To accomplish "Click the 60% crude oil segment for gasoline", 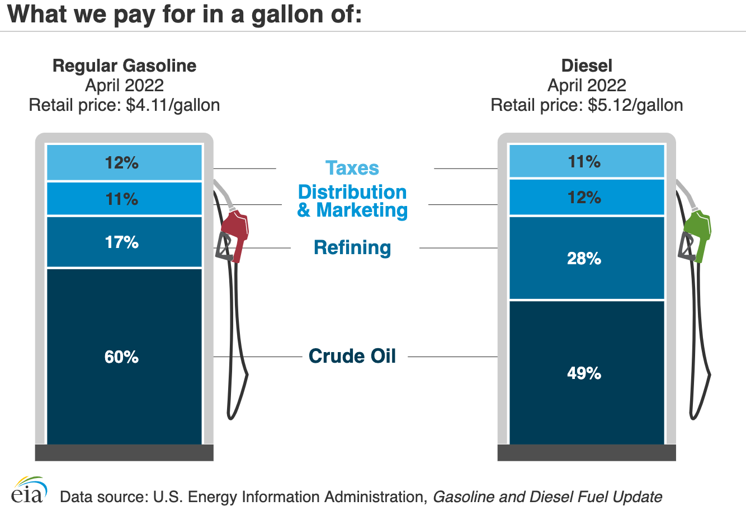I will coord(124,356).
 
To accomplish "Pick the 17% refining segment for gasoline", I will coord(124,242).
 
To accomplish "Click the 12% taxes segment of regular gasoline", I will coord(124,163).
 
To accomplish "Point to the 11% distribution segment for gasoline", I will coord(124,199).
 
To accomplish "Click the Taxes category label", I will coord(352,168).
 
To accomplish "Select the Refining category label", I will coord(352,247).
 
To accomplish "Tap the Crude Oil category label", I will coord(352,356).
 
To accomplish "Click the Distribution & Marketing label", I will coord(352,201).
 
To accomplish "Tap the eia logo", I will coord(29,491).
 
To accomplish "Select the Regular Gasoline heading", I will coord(124,65).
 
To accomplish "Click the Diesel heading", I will coord(587,65).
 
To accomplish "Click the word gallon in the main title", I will coord(282,14).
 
